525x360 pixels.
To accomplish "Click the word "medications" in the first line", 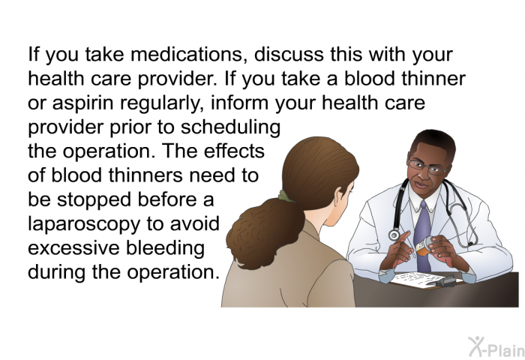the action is tap(187, 54).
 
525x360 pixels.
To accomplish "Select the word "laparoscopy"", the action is tap(84, 224).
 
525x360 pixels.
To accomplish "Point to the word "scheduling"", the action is tap(230, 127).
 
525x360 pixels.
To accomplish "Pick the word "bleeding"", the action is tap(166, 248).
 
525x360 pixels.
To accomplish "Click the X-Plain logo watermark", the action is tap(496, 347).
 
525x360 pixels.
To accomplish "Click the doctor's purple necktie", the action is tap(422, 235).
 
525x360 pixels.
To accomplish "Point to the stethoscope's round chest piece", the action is tap(394, 235).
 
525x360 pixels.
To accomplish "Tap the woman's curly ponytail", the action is tap(265, 232).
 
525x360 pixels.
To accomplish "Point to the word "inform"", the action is tap(239, 103).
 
